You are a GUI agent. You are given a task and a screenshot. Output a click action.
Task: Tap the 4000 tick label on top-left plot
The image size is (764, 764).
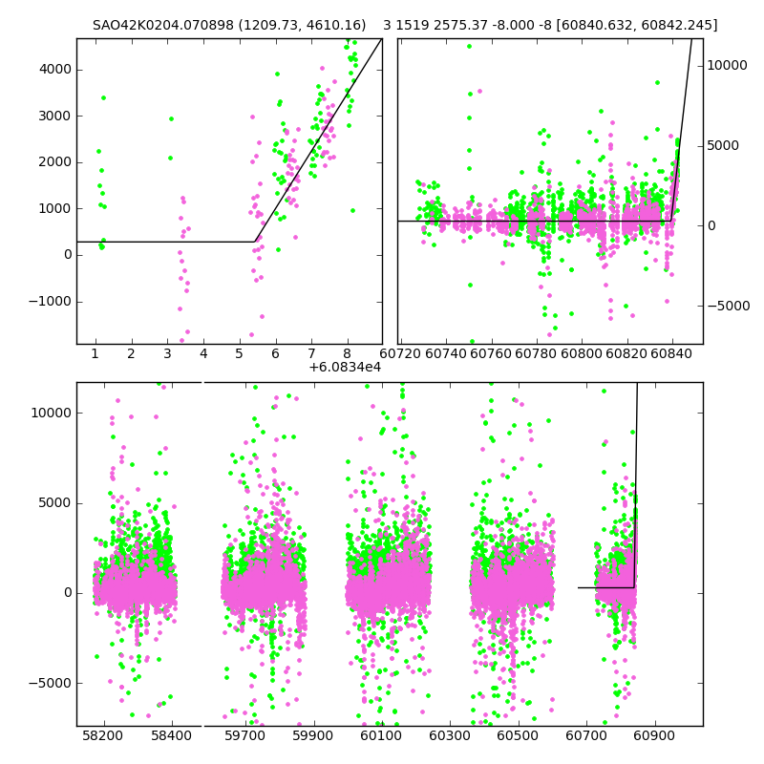coord(53,69)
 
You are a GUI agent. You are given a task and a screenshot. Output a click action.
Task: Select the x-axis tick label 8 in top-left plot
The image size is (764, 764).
coord(347,354)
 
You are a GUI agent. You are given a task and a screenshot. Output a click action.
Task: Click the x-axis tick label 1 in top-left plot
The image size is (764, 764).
coord(95,354)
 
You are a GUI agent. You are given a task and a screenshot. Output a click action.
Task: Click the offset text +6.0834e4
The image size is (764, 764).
coord(345,367)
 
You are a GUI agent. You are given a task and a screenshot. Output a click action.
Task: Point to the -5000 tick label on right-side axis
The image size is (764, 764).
coord(732,306)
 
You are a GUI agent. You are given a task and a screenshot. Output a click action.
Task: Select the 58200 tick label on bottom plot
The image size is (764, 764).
coord(103,736)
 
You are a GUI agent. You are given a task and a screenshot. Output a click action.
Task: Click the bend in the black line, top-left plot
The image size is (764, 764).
coord(255,242)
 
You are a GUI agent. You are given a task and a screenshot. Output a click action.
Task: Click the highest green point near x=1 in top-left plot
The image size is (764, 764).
coord(103,97)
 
